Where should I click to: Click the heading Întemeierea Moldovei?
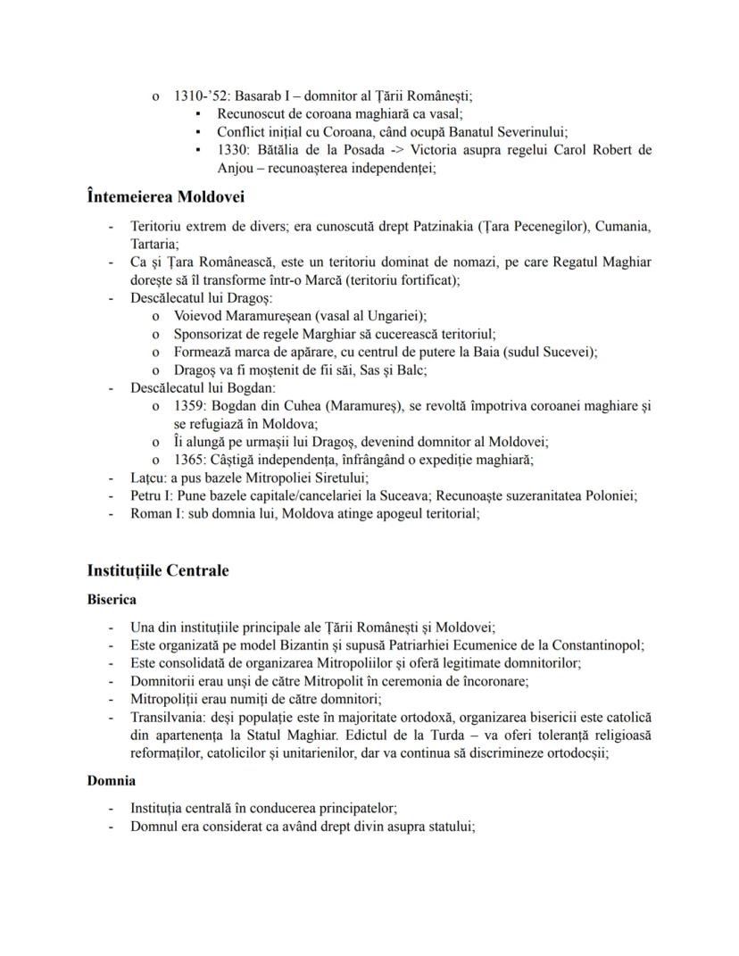(166, 196)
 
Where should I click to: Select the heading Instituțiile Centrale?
(158, 570)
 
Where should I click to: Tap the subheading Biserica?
(112, 599)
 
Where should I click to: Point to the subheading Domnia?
(112, 780)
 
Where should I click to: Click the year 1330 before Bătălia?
(234, 149)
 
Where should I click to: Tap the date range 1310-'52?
(202, 96)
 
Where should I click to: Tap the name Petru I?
(152, 495)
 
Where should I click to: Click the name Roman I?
(155, 513)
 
